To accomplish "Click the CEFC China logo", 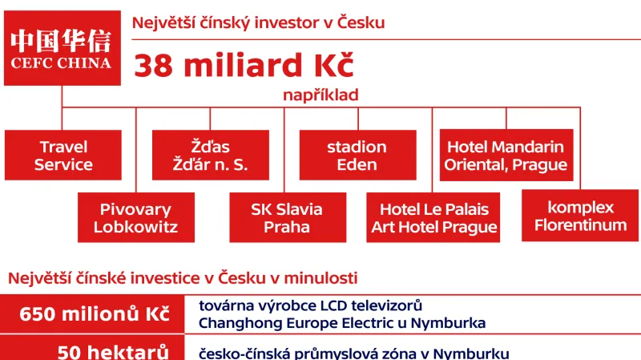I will pyautogui.click(x=62, y=49).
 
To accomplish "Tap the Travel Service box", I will pyautogui.click(x=63, y=156).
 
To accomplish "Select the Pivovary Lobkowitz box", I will pyautogui.click(x=135, y=217).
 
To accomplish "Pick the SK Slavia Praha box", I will pyautogui.click(x=287, y=217).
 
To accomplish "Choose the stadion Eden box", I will pyautogui.click(x=357, y=156).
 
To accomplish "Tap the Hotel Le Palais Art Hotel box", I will pyautogui.click(x=433, y=218).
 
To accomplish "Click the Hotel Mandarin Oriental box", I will pyautogui.click(x=506, y=156).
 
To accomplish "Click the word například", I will pyautogui.click(x=320, y=95).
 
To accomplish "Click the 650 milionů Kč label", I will pyautogui.click(x=95, y=314).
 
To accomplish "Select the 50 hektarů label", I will pyautogui.click(x=112, y=352).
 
